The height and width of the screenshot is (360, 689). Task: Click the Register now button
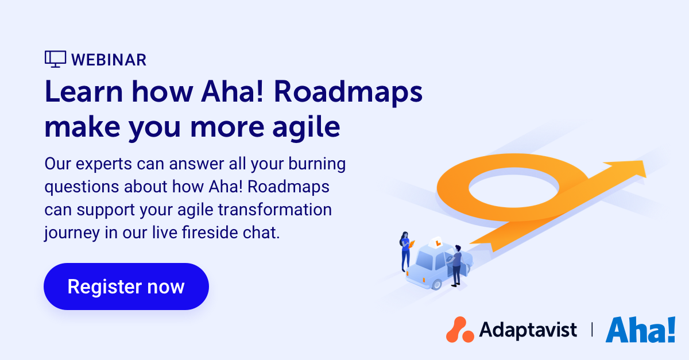click(126, 287)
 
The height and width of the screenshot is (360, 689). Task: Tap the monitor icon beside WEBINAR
click(55, 59)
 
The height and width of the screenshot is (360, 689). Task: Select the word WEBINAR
click(109, 59)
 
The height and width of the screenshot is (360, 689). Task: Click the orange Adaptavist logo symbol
click(460, 330)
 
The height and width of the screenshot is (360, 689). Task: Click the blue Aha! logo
click(640, 330)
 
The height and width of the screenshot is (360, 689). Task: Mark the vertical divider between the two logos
click(591, 330)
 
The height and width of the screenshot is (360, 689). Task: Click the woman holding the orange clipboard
click(406, 250)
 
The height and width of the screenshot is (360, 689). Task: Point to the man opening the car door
click(456, 264)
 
